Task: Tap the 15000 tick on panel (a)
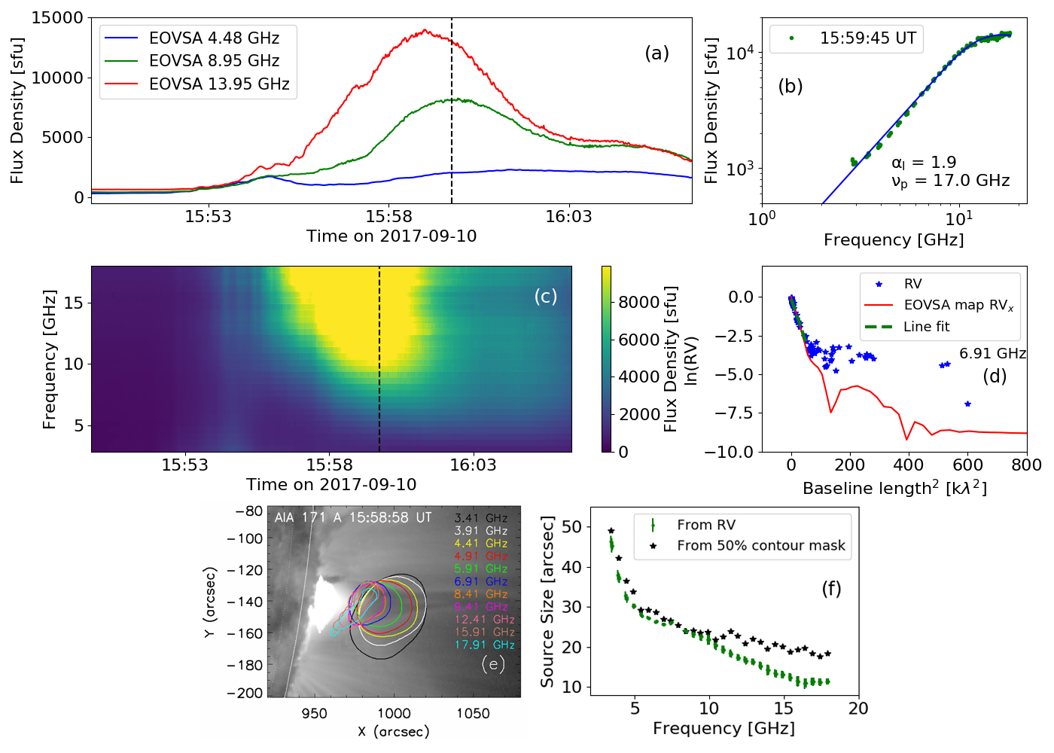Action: [57, 18]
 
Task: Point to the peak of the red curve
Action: [425, 30]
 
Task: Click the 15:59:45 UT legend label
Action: [867, 38]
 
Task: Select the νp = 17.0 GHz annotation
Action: [950, 181]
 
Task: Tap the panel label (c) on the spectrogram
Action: [545, 296]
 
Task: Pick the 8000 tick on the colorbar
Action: [638, 303]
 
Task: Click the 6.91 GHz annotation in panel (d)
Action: [992, 354]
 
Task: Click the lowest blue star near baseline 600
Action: [967, 404]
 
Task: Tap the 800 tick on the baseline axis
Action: [1026, 465]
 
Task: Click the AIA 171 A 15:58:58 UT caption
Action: [352, 518]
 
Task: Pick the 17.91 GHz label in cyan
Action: [484, 645]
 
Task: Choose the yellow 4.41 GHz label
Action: [480, 544]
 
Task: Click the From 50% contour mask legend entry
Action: [760, 546]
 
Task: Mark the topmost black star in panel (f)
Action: [611, 531]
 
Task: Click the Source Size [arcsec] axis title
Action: [547, 602]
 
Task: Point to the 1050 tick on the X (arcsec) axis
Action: [473, 714]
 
